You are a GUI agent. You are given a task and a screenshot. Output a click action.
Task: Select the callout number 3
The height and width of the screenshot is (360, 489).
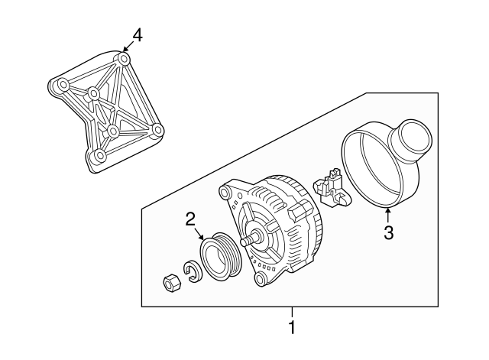pyautogui.click(x=388, y=234)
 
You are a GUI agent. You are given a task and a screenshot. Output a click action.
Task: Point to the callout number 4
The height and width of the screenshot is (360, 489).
pyautogui.click(x=137, y=34)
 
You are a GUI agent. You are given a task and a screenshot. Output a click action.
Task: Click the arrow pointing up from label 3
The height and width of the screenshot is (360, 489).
pyautogui.click(x=387, y=213)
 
